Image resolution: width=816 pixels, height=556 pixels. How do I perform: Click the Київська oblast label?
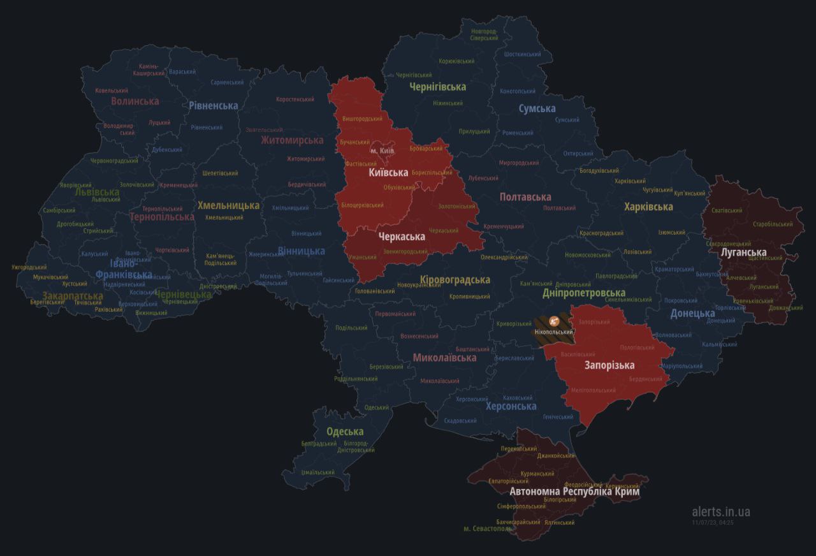(388, 172)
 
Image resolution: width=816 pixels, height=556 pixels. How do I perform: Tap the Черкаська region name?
(402, 237)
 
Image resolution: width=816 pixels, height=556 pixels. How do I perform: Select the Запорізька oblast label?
(609, 365)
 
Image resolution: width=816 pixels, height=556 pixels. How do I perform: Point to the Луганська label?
(743, 252)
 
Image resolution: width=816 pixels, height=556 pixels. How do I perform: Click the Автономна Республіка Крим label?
(574, 492)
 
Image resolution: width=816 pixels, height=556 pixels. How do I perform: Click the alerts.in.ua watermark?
(720, 511)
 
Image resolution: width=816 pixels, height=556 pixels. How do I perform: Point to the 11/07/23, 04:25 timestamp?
(712, 522)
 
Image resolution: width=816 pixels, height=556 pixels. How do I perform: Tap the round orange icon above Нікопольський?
(553, 321)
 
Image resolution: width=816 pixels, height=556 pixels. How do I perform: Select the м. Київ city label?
(382, 150)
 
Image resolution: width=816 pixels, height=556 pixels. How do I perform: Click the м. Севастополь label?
(487, 529)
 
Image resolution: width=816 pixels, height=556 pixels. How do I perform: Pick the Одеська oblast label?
(345, 432)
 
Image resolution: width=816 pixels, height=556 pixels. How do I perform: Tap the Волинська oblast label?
(135, 101)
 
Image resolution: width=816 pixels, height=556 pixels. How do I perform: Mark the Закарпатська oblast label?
(73, 296)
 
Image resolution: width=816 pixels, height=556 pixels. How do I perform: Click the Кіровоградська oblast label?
(455, 279)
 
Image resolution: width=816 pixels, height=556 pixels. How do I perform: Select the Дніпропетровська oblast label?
(584, 293)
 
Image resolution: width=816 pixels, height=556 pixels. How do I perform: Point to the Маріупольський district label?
(681, 366)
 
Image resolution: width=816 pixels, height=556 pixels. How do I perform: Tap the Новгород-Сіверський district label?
(484, 34)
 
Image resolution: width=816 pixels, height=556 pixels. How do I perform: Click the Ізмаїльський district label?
(317, 472)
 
